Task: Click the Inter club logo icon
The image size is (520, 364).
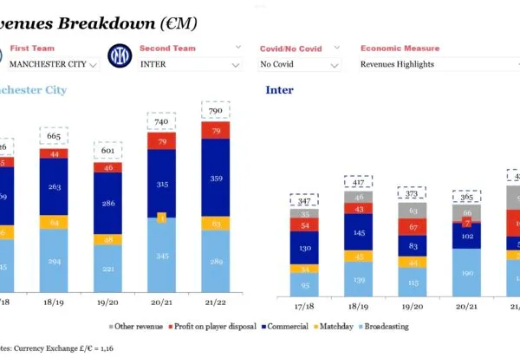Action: (x=116, y=58)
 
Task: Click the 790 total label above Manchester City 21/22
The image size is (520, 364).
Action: (x=215, y=111)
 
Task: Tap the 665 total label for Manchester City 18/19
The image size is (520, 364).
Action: (x=54, y=136)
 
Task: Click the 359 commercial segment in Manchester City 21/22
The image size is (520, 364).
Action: (x=215, y=178)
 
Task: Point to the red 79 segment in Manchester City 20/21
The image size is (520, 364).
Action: (x=161, y=141)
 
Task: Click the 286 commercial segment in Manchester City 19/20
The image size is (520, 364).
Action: (x=107, y=204)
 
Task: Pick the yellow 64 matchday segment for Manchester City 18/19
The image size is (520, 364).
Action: (x=54, y=223)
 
